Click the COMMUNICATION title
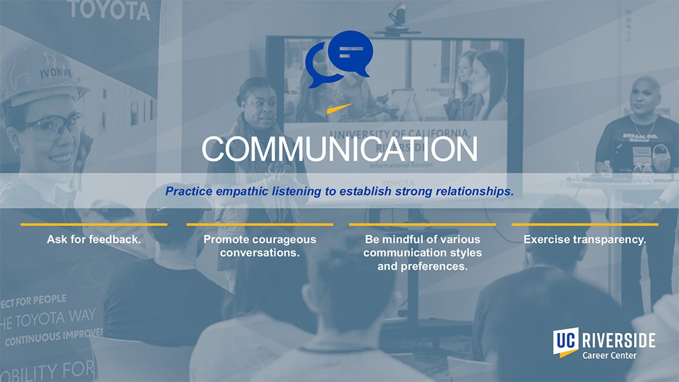point(339,150)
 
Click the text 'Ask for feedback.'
point(94,239)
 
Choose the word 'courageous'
point(290,239)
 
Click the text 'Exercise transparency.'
point(585,239)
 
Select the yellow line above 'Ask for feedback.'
point(94,224)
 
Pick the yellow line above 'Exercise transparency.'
point(585,224)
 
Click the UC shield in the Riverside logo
point(565,342)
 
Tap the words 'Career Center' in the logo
point(609,356)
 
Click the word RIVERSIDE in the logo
point(619,341)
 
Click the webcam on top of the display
point(397,14)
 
